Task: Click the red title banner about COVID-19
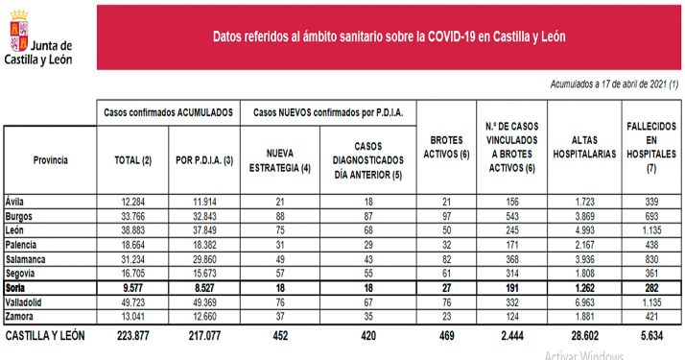[389, 37]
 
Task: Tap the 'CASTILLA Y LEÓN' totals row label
[46, 336]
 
